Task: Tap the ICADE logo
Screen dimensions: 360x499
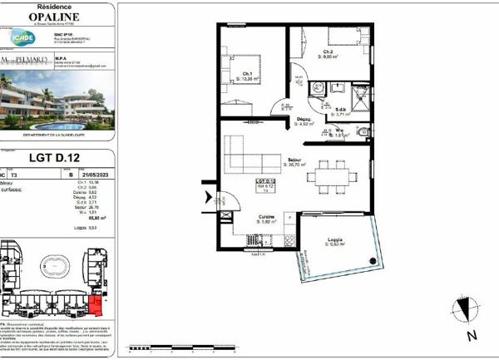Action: (x=22, y=38)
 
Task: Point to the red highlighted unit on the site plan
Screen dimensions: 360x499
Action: (x=96, y=305)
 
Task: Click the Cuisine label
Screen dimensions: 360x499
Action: (x=267, y=219)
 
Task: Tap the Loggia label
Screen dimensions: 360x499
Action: (x=335, y=240)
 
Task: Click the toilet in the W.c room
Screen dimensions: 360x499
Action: (x=360, y=132)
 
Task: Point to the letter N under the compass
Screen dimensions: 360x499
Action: (x=471, y=337)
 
